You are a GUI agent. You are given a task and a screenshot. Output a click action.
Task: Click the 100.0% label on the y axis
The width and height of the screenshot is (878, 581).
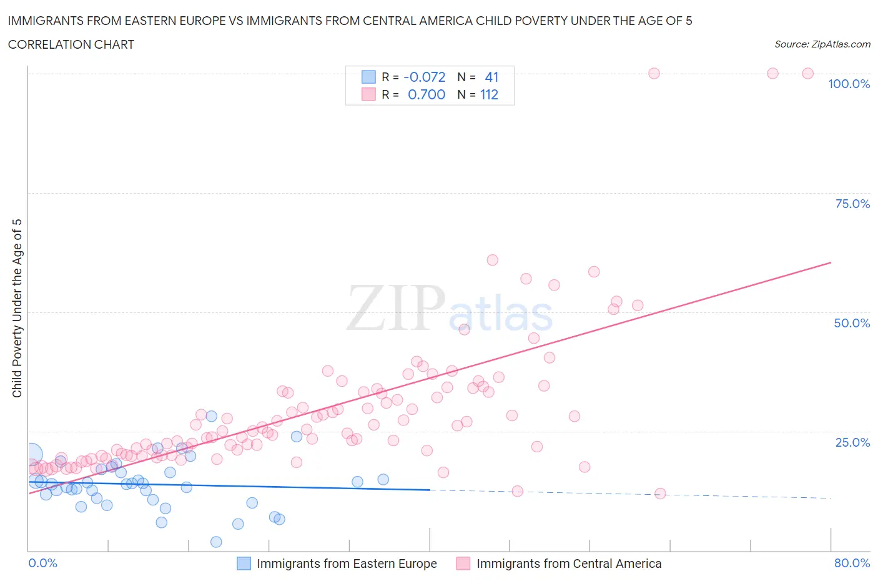point(849,84)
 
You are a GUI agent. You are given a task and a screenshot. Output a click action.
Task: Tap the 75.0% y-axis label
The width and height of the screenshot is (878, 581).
point(852,204)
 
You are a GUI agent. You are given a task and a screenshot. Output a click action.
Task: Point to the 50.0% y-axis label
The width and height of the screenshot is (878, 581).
point(852,323)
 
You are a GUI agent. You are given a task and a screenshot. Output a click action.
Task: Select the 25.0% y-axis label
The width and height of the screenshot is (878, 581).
point(852,442)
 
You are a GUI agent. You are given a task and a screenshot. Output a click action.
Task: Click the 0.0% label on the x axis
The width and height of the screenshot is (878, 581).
point(42,563)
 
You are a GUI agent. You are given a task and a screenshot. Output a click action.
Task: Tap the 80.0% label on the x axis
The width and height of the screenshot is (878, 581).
point(852,563)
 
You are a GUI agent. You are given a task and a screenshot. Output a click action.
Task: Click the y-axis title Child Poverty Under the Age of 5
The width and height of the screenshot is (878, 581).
point(17,308)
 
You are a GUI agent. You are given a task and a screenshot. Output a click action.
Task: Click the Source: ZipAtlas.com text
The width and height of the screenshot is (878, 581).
point(822,44)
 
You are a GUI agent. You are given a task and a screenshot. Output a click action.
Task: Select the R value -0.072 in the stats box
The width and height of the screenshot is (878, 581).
point(425,77)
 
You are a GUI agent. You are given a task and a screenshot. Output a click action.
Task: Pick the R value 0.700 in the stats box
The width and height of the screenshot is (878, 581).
point(427,94)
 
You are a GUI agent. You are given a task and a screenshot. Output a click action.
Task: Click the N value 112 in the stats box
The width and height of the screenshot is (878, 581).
point(489,94)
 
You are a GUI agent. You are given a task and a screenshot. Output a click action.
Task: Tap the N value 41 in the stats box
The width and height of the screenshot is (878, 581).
point(491,77)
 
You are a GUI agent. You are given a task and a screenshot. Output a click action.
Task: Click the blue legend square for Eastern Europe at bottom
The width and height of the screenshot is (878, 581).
point(244,564)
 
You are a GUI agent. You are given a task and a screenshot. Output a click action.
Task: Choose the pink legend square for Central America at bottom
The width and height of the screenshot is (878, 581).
point(463,564)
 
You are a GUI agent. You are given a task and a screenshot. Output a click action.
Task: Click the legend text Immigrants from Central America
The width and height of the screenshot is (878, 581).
point(569,564)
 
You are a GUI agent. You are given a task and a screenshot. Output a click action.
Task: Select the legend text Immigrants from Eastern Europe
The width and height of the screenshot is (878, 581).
point(347,564)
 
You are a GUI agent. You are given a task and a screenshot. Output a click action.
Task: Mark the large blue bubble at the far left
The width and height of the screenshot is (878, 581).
point(32,455)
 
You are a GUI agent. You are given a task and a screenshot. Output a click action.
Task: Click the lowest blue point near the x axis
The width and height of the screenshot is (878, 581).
point(216,542)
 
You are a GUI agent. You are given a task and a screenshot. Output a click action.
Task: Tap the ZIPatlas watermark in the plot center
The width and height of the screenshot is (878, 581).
point(450,308)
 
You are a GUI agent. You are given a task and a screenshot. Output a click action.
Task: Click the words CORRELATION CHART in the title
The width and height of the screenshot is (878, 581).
point(71,44)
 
